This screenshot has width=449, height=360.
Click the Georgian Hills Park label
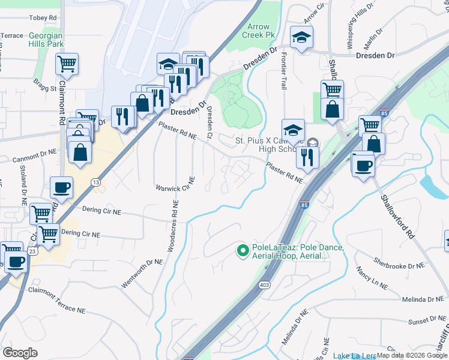[46, 40]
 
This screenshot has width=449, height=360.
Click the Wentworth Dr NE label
[142, 274]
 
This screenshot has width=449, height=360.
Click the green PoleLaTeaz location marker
[243, 250]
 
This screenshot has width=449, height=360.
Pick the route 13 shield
[95, 182]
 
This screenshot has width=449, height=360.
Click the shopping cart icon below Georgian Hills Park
[67, 64]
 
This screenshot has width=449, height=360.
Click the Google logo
[20, 352]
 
